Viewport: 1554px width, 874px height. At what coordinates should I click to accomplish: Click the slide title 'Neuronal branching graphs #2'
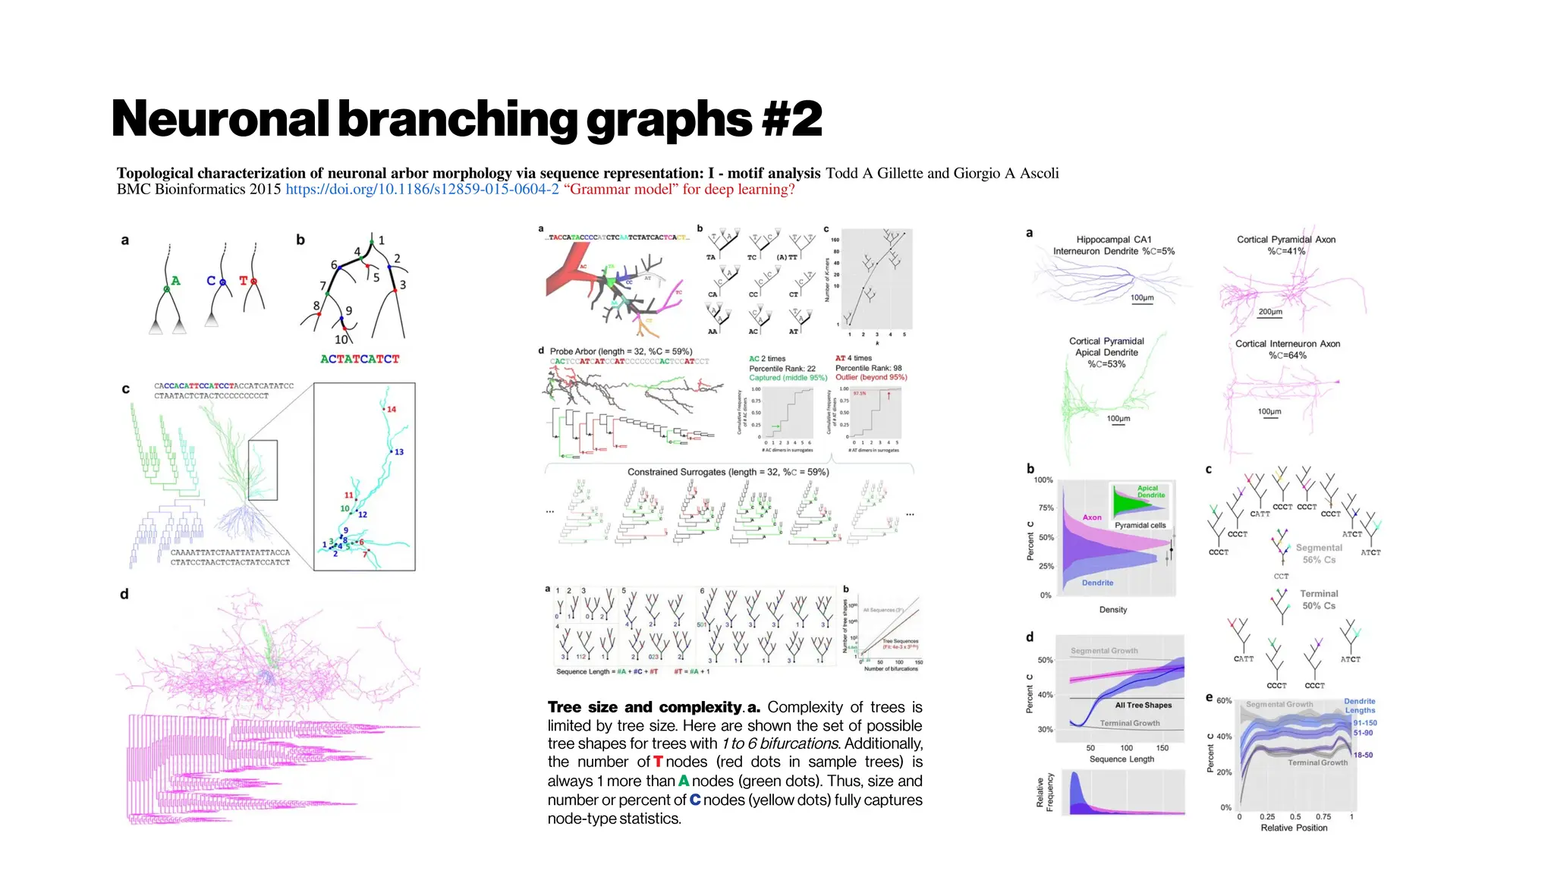point(467,119)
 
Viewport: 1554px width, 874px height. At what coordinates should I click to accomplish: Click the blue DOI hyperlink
point(422,190)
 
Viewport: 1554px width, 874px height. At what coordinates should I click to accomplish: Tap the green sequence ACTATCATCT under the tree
point(360,359)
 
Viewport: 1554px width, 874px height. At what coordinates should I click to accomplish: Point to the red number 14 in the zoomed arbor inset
point(392,409)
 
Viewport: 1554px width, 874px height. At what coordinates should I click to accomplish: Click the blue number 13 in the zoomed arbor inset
point(399,451)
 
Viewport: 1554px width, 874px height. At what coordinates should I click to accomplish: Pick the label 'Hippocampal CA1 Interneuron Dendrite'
point(1113,245)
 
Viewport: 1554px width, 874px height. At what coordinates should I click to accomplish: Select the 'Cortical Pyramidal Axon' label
point(1286,240)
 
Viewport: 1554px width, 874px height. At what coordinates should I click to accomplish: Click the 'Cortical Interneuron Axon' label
point(1288,344)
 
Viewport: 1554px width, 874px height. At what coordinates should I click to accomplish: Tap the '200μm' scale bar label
point(1270,312)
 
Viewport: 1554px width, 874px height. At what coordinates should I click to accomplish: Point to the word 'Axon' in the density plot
point(1092,517)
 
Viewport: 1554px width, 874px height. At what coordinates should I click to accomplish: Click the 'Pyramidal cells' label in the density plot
point(1140,525)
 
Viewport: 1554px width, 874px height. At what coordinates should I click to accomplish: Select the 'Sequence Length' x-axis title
point(1121,759)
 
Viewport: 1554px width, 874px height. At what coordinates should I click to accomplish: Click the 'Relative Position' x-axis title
point(1294,828)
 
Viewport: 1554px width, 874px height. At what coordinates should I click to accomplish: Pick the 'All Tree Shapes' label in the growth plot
point(1143,705)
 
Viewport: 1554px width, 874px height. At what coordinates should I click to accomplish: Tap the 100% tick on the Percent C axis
point(1043,480)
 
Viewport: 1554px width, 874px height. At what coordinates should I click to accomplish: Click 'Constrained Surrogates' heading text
point(728,472)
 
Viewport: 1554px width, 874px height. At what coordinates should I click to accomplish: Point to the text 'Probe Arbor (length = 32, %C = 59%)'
point(621,351)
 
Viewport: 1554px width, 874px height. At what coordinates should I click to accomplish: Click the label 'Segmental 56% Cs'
point(1319,554)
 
